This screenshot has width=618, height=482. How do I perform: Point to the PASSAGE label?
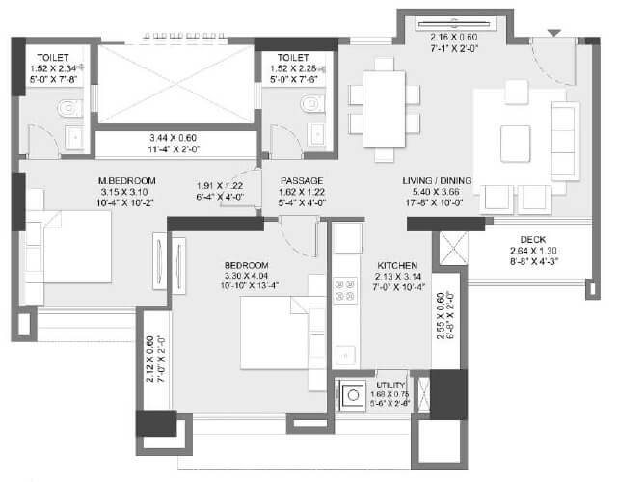click(302, 180)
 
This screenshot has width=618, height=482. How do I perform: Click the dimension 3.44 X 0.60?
click(175, 138)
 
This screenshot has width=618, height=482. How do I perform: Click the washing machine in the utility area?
click(352, 395)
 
